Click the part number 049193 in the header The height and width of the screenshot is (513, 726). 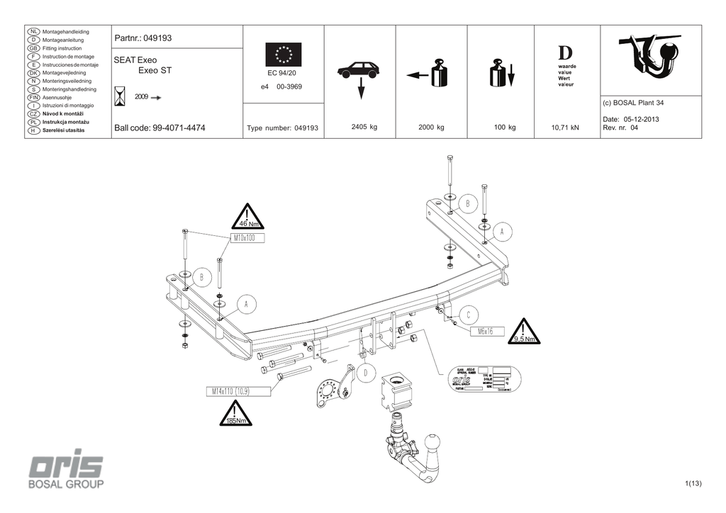pyautogui.click(x=158, y=38)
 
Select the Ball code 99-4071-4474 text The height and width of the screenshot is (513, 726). pyautogui.click(x=160, y=128)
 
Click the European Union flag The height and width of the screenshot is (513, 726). pyautogui.click(x=283, y=55)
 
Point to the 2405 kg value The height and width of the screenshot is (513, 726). pyautogui.click(x=364, y=128)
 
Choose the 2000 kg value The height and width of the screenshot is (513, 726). pyautogui.click(x=431, y=128)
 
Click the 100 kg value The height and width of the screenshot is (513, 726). pyautogui.click(x=505, y=128)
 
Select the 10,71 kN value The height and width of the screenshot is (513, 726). pyautogui.click(x=565, y=128)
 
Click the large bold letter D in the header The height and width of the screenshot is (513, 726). pyautogui.click(x=565, y=53)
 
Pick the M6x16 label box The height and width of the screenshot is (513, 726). pyautogui.click(x=485, y=331)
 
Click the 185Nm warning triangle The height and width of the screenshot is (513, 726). pyautogui.click(x=236, y=414)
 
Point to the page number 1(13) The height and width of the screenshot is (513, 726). pyautogui.click(x=693, y=484)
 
